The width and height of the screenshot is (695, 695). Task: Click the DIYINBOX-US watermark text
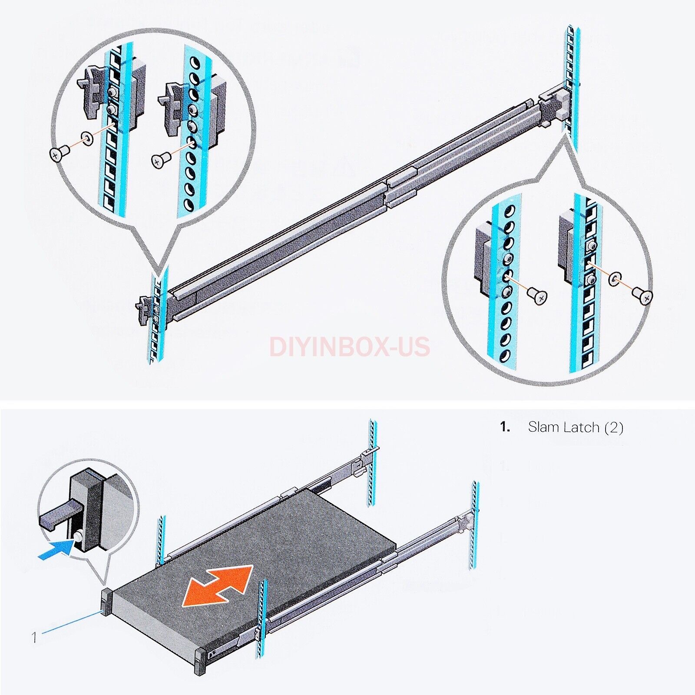coord(350,347)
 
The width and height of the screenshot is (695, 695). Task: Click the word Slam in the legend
coord(543,427)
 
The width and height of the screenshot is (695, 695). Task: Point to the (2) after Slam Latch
coord(613,428)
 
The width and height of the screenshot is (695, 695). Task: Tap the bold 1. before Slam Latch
coord(505,427)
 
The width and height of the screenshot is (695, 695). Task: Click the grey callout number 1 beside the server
coord(34,637)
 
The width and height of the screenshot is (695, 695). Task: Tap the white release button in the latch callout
coord(79,537)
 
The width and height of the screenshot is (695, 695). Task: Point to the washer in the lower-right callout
coord(615,279)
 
